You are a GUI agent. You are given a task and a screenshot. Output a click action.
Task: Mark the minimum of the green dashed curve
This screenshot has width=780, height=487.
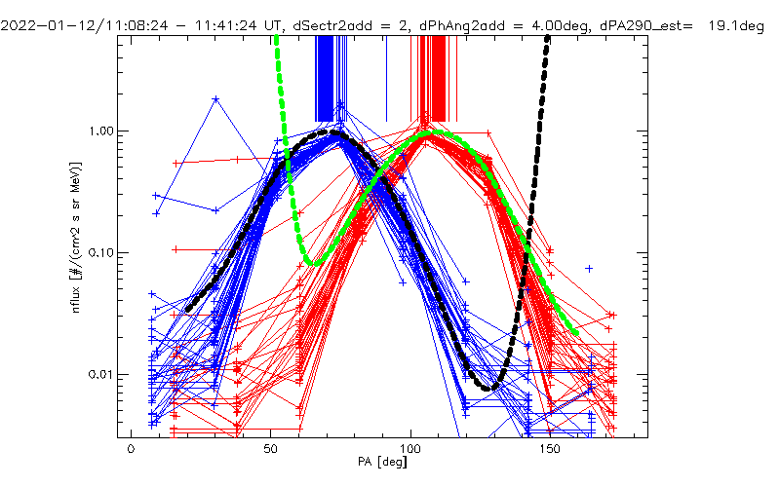(309, 263)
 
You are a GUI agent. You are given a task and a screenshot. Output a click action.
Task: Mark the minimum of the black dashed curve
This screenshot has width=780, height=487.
(493, 388)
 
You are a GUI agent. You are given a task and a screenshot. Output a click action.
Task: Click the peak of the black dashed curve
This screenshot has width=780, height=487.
(336, 131)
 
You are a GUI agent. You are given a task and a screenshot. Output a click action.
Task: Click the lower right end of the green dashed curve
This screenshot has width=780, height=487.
(576, 334)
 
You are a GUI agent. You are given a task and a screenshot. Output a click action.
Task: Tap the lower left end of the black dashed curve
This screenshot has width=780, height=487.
(185, 311)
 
